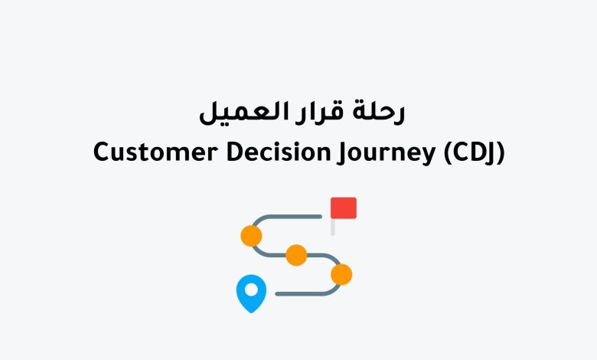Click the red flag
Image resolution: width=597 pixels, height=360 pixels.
point(343,208)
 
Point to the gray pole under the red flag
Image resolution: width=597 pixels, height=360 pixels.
point(333,227)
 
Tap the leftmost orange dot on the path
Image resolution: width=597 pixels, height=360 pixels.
point(251,235)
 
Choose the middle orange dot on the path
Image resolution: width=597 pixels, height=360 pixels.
point(296,255)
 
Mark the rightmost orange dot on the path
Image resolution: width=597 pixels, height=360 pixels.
point(341,274)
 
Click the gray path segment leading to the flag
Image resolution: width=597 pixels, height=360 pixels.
point(295,217)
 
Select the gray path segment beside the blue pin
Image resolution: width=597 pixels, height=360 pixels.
point(302,293)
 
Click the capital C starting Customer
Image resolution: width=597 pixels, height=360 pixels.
point(100,152)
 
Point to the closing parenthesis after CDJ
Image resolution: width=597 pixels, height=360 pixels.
point(501,152)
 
